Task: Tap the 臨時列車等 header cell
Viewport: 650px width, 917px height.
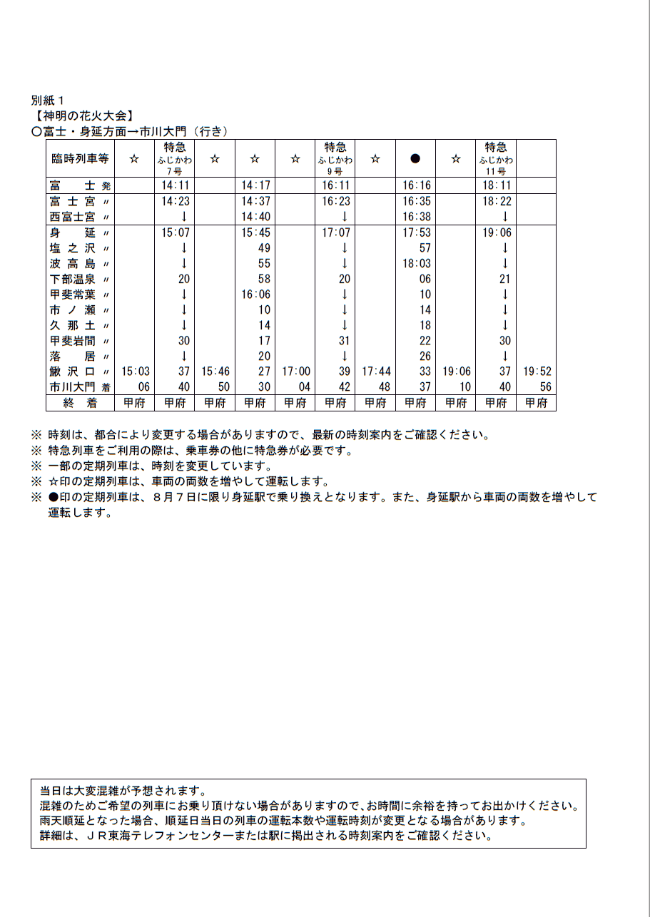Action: tap(80, 159)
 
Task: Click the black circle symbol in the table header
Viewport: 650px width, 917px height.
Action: tap(415, 159)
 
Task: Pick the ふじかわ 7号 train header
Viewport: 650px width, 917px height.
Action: tap(175, 159)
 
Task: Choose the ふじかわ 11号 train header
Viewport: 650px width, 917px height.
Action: tap(496, 159)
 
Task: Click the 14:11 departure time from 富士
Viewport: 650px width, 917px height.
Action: tap(175, 185)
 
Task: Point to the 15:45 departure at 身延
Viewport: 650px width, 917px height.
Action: tap(255, 232)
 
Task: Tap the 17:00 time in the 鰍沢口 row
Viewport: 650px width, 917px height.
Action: tap(296, 372)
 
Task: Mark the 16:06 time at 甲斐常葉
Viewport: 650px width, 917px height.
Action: tap(255, 294)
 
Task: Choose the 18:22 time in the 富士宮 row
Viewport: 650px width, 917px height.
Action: tap(497, 202)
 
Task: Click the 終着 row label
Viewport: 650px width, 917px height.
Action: tap(79, 403)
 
